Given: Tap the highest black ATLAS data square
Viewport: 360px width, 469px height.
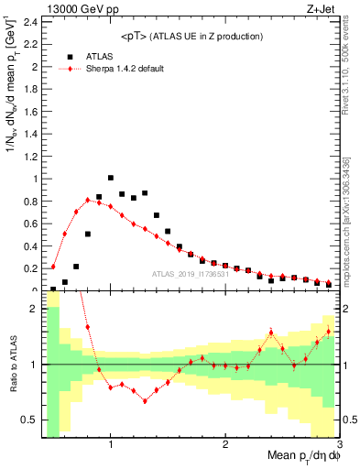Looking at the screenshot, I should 111,178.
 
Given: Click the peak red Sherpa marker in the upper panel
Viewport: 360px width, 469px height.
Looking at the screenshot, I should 88,200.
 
